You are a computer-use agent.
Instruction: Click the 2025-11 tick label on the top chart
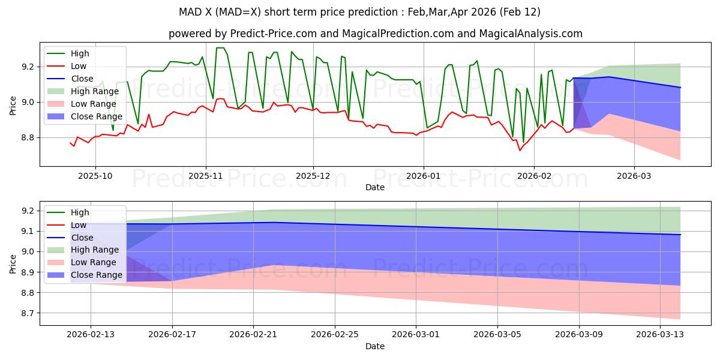[x=206, y=176]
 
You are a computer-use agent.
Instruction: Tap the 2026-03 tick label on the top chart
[x=634, y=176]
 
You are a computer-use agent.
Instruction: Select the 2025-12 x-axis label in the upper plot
[x=313, y=176]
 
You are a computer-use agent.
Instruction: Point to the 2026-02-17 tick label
[x=172, y=334]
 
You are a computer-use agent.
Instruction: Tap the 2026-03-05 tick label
[x=497, y=334]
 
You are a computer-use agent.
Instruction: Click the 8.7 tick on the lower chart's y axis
[x=28, y=313]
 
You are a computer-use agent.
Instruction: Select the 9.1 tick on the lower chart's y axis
[x=28, y=231]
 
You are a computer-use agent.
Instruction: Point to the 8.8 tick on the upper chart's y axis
[x=28, y=138]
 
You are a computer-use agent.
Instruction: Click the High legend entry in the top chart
[x=80, y=53]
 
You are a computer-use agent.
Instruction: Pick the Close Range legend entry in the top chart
[x=97, y=116]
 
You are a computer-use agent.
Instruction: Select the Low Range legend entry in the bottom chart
[x=95, y=262]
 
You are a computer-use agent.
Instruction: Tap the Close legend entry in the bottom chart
[x=82, y=238]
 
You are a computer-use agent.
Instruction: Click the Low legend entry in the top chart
[x=79, y=66]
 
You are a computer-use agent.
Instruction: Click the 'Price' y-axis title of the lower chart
[x=13, y=263]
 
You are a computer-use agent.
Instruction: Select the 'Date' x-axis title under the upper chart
[x=375, y=187]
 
